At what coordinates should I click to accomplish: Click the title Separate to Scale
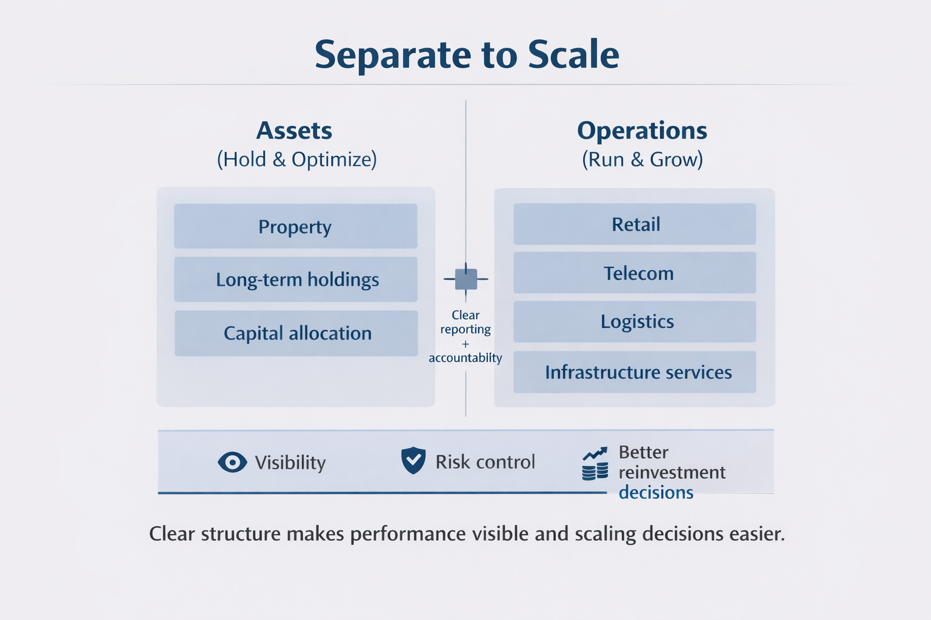(467, 54)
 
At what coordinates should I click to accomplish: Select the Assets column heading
(295, 131)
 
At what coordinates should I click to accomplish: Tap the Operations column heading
(642, 131)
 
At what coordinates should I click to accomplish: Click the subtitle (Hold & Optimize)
(297, 159)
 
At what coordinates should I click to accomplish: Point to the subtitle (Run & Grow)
(642, 159)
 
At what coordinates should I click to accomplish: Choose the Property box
(295, 226)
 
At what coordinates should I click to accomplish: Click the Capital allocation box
(296, 333)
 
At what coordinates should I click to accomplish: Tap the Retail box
(635, 224)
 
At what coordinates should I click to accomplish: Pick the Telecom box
(635, 273)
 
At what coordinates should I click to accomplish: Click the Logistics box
(635, 322)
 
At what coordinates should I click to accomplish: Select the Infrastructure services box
(635, 372)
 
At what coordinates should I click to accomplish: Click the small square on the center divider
(465, 279)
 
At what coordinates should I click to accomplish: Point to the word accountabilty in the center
(465, 358)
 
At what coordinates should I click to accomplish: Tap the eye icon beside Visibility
(232, 463)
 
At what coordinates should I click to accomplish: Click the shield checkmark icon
(413, 461)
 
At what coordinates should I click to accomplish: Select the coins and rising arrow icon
(595, 464)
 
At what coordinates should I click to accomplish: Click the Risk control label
(485, 462)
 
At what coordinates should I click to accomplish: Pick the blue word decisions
(656, 492)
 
